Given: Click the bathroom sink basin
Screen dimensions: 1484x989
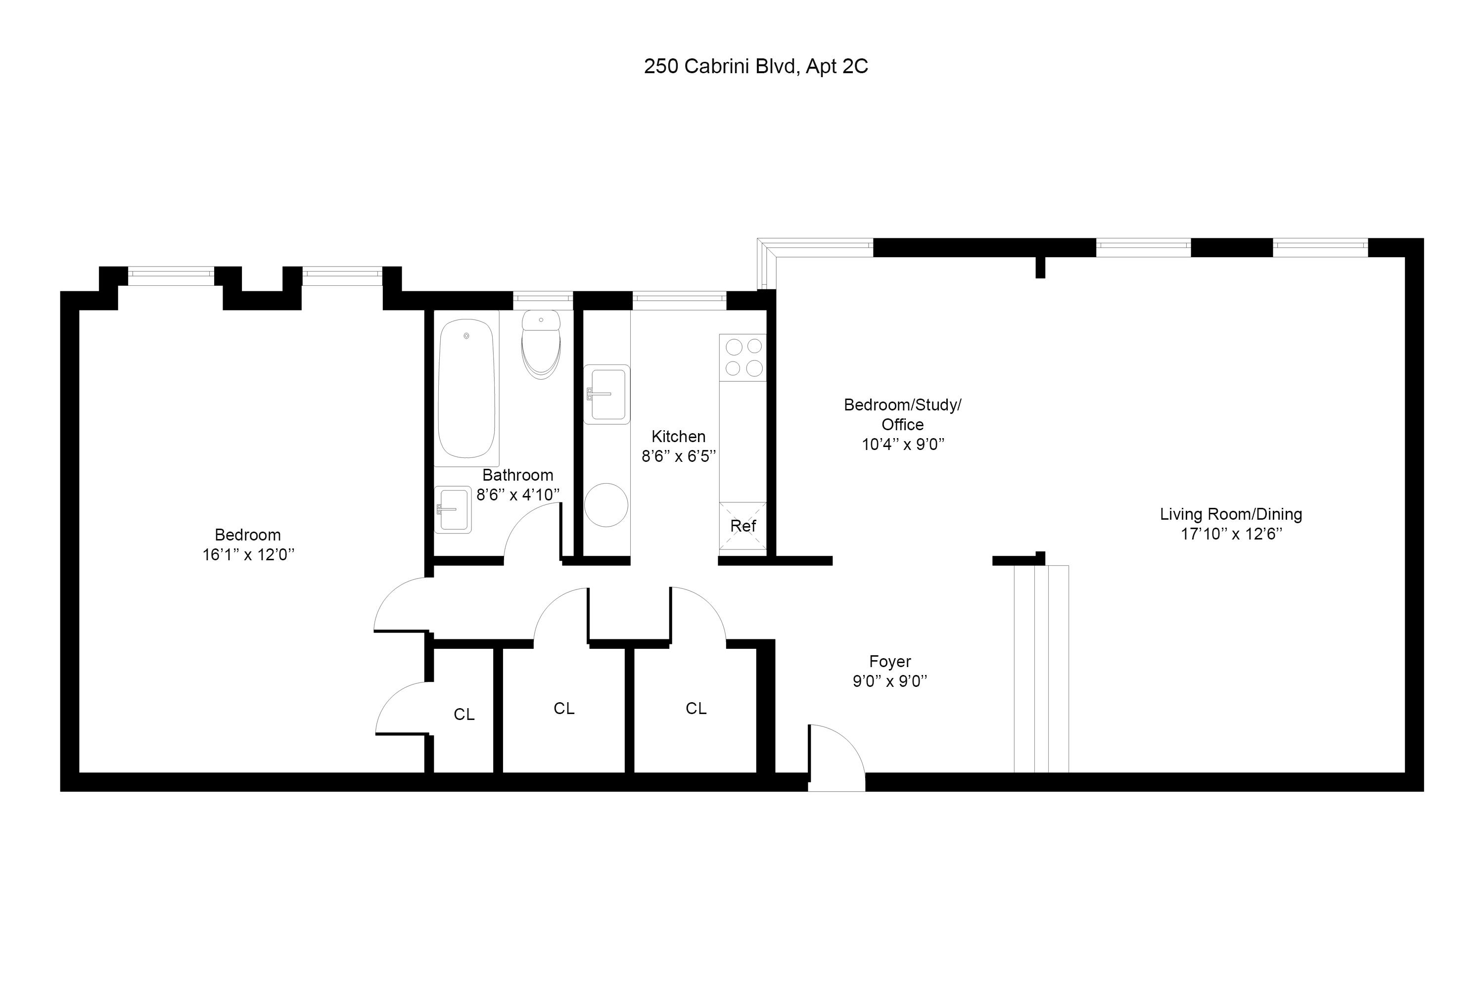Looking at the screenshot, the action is (x=453, y=510).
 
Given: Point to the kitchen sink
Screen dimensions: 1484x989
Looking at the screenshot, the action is (x=607, y=394).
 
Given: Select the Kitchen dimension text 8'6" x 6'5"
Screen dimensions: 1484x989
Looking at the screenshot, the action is (x=678, y=456).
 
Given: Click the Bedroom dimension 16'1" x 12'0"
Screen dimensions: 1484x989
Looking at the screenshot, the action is (x=248, y=555).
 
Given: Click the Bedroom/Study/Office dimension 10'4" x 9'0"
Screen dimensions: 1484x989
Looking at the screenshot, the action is (x=902, y=445).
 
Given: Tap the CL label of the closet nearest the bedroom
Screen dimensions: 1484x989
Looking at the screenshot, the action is (x=464, y=715).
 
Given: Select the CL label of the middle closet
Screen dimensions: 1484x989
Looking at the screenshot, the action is (x=563, y=709).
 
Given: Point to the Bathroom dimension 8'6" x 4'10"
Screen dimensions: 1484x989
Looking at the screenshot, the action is (x=517, y=495).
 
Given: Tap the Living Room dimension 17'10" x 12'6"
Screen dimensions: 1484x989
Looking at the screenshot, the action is (x=1231, y=534).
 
